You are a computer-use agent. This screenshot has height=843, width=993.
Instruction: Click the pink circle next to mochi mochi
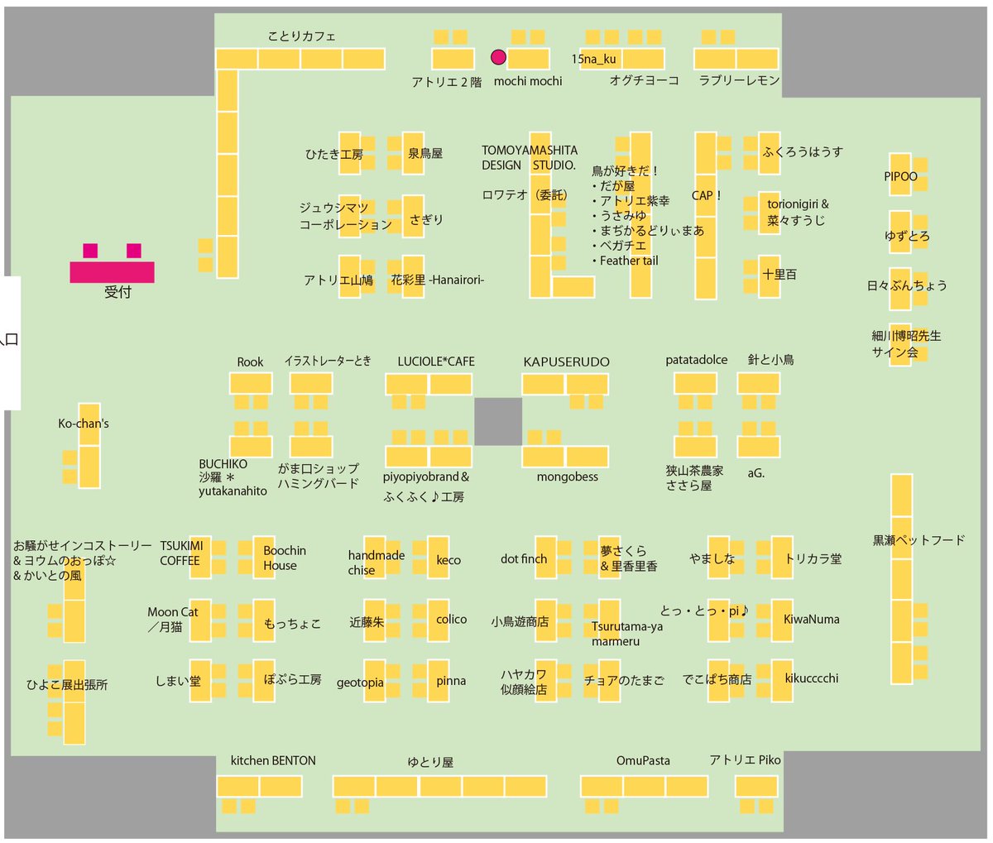[498, 57]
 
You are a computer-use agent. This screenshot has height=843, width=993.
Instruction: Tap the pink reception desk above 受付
[112, 271]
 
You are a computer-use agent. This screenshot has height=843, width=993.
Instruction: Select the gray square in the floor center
[498, 421]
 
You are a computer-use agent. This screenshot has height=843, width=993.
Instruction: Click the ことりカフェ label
[302, 36]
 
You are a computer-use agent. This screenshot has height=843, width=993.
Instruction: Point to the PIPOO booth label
[900, 176]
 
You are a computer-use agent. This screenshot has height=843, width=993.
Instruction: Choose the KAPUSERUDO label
[566, 362]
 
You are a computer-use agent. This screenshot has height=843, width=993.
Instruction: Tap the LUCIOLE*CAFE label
[436, 362]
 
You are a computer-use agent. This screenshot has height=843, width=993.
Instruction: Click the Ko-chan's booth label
[83, 424]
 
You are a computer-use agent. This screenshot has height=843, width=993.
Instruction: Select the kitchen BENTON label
[273, 760]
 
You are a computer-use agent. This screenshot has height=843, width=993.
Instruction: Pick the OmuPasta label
[643, 760]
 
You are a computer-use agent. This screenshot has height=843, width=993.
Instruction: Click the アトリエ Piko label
[745, 759]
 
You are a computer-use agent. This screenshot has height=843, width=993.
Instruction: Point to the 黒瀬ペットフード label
[919, 540]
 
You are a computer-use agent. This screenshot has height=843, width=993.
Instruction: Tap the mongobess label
[567, 477]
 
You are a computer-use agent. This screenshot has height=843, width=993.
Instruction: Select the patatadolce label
[696, 360]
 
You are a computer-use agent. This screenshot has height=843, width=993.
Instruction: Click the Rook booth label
[250, 362]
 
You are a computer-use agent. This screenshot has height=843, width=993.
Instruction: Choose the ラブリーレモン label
[739, 80]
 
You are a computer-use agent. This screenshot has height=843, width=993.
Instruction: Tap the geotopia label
[360, 683]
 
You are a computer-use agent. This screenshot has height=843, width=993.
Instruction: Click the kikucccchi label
[811, 678]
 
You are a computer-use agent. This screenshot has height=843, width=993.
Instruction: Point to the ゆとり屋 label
[430, 762]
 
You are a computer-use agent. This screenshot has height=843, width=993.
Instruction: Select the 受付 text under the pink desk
[118, 292]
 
